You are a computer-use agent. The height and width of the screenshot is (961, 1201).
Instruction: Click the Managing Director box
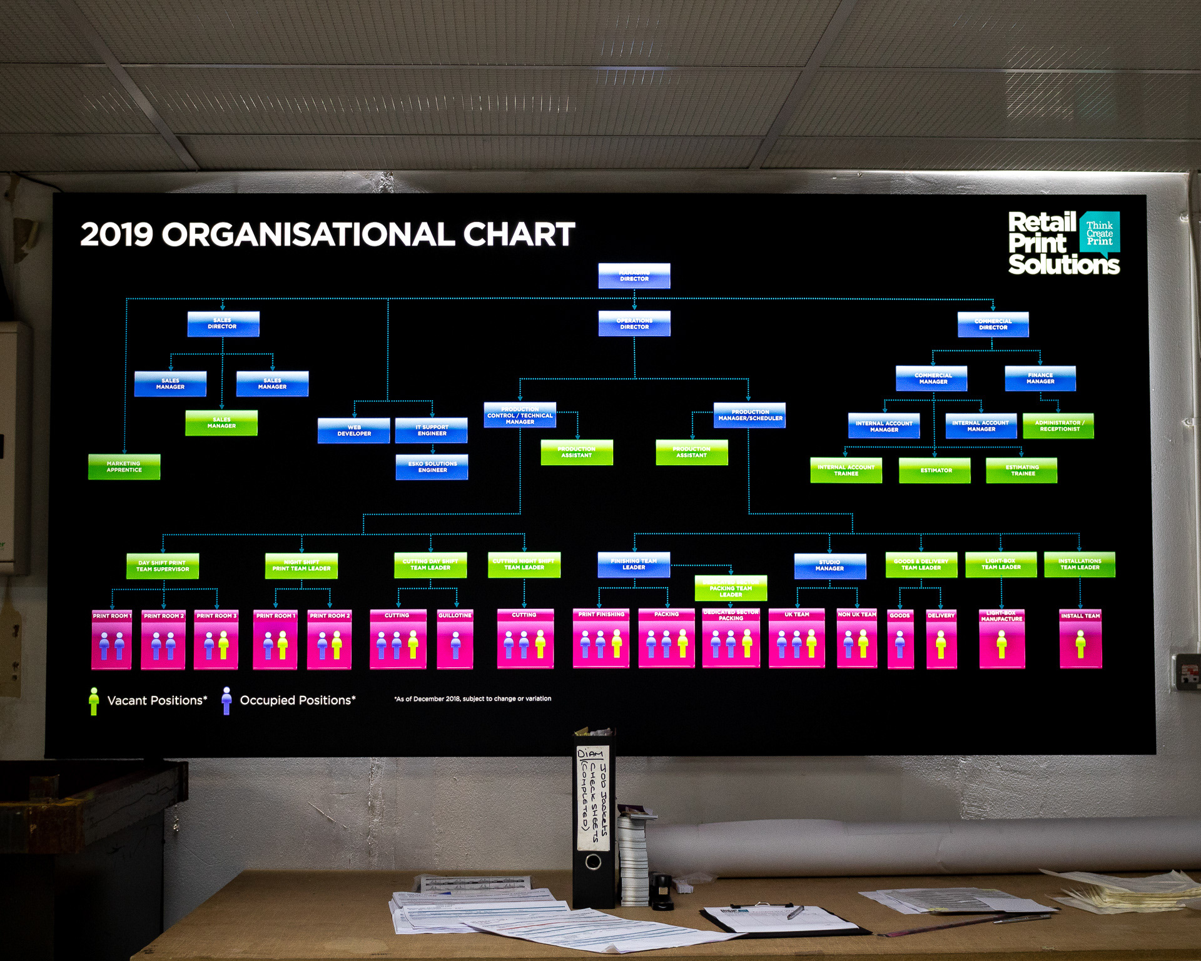pyautogui.click(x=634, y=276)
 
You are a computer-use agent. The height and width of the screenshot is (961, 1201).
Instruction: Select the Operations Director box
pyautogui.click(x=634, y=323)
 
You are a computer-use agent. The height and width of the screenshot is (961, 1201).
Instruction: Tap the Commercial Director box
pyautogui.click(x=993, y=324)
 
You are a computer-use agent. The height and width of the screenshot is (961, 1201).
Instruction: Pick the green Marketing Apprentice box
pyautogui.click(x=124, y=466)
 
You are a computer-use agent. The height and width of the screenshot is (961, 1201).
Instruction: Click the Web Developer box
pyautogui.click(x=353, y=430)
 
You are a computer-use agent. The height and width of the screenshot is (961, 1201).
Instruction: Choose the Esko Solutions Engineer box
pyautogui.click(x=432, y=466)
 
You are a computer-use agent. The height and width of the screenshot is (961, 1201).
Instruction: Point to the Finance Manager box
pyautogui.click(x=1040, y=378)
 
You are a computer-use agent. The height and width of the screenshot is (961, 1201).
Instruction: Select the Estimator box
pyautogui.click(x=935, y=470)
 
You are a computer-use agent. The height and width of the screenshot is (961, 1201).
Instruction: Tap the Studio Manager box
pyautogui.click(x=829, y=565)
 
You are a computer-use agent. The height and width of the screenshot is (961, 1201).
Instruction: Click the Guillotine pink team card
pyautogui.click(x=455, y=638)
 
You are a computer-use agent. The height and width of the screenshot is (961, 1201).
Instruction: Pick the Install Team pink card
pyautogui.click(x=1080, y=638)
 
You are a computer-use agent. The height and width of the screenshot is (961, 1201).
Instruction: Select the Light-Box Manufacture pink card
pyautogui.click(x=1001, y=638)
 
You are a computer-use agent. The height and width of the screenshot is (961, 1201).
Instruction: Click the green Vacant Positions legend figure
pyautogui.click(x=94, y=701)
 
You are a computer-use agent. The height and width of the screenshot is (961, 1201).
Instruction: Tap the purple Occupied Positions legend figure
pyautogui.click(x=226, y=701)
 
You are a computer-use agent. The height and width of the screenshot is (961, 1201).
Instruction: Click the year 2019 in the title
pyautogui.click(x=116, y=234)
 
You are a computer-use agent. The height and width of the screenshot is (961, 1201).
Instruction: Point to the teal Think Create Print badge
pyautogui.click(x=1099, y=233)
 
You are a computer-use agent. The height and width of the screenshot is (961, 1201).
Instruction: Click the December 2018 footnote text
pyautogui.click(x=473, y=698)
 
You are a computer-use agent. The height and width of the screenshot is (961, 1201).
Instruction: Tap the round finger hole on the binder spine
pyautogui.click(x=592, y=862)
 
